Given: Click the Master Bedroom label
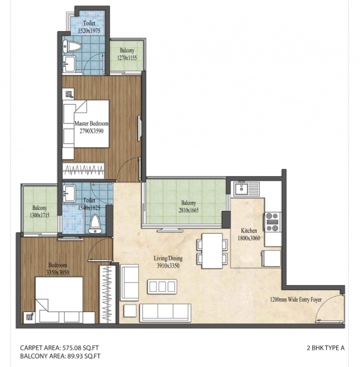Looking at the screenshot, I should click(x=90, y=127).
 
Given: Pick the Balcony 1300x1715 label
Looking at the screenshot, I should click(x=40, y=212).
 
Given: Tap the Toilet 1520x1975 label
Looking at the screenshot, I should click(x=89, y=27).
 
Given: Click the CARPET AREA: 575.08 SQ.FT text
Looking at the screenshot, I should click(x=59, y=347).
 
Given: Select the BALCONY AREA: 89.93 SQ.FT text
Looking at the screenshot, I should click(x=59, y=355).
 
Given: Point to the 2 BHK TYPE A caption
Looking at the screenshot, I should click(x=325, y=347).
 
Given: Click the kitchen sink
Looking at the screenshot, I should click(x=246, y=188).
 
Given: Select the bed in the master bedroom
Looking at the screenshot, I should click(x=86, y=123).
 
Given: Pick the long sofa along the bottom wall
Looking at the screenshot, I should click(x=165, y=312).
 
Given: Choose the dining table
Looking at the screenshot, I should click(x=209, y=250).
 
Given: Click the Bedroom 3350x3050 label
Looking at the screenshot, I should click(x=59, y=269).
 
